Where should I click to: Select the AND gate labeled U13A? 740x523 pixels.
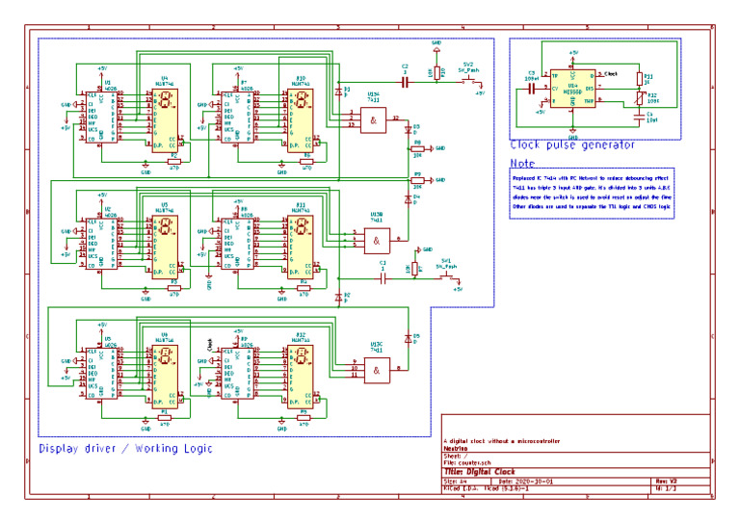[x=372, y=119]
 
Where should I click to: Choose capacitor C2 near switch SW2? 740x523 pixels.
[x=405, y=84]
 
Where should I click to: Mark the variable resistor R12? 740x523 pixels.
[x=638, y=97]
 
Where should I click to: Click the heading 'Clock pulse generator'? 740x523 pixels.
[x=571, y=145]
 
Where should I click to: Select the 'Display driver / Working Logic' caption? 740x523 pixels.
[x=124, y=449]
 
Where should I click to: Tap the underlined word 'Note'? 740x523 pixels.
[x=522, y=163]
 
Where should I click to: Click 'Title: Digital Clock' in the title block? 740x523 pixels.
[x=482, y=472]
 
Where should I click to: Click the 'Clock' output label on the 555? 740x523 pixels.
[x=610, y=73]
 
